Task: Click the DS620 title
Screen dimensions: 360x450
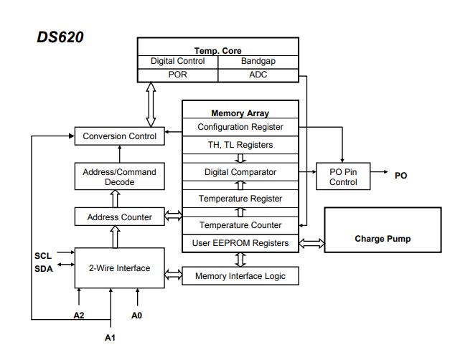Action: point(60,37)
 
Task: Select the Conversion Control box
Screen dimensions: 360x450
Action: point(119,136)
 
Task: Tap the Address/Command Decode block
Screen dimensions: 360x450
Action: point(119,177)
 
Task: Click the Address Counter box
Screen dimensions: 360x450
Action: point(119,217)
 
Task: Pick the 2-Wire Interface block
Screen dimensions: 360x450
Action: point(119,267)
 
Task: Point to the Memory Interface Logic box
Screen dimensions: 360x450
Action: point(240,276)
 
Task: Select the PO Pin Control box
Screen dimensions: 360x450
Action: point(343,177)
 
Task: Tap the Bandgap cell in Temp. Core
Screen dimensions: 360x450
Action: point(258,62)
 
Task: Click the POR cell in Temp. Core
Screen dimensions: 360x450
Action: point(177,75)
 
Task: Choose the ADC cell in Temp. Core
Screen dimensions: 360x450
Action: point(258,75)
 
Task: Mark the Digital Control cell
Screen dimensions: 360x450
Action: point(177,62)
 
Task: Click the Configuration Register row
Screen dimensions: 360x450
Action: point(240,127)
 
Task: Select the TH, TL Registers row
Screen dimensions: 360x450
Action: point(240,145)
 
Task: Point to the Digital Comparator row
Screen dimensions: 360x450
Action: point(240,172)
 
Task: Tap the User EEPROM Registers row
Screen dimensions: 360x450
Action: point(240,243)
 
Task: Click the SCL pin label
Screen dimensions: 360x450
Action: point(43,255)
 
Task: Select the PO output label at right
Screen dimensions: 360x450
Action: point(400,175)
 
